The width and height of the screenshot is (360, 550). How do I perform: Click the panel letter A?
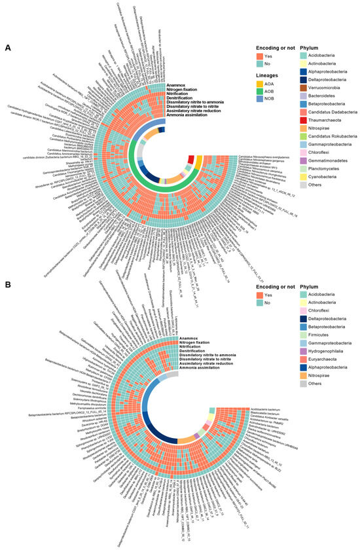[x=7, y=48]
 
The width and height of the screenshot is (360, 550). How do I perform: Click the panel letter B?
[x=7, y=286]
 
